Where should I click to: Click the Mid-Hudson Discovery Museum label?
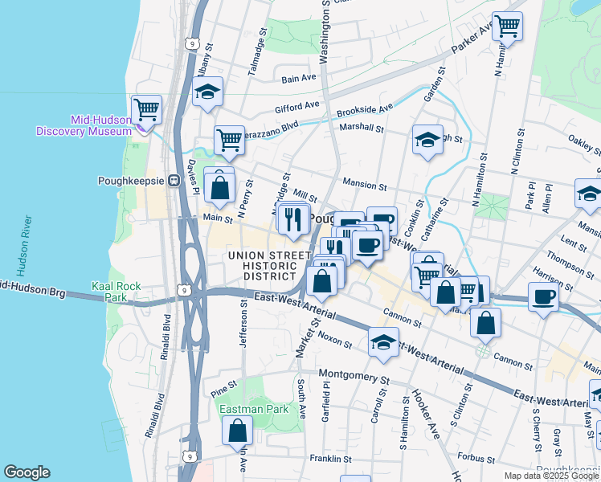pyautogui.click(x=84, y=125)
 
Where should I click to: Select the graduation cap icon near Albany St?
pyautogui.click(x=207, y=91)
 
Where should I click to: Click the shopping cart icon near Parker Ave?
pyautogui.click(x=507, y=26)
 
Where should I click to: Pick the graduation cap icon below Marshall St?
pyautogui.click(x=427, y=138)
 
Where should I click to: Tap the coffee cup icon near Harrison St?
pyautogui.click(x=543, y=296)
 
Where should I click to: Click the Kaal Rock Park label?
pyautogui.click(x=117, y=292)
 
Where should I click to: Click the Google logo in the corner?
pyautogui.click(x=27, y=472)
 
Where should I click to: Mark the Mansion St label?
pyautogui.click(x=365, y=185)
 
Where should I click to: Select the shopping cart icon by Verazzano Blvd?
pyautogui.click(x=229, y=140)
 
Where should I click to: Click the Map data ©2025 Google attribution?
pyautogui.click(x=553, y=476)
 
